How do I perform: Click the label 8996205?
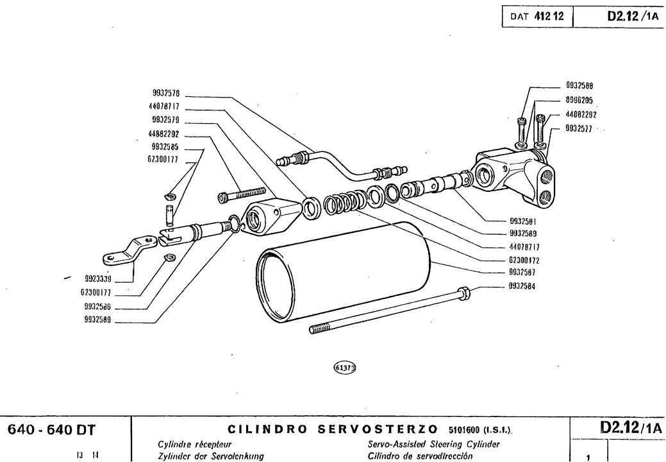(584, 99)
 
